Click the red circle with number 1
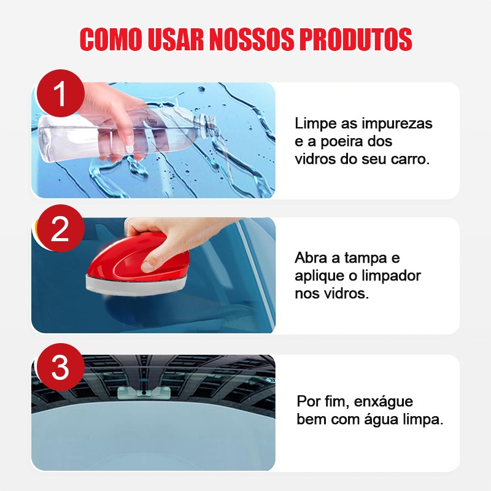60,93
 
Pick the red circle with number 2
60,228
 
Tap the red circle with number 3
60,366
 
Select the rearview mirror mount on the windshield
144,393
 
